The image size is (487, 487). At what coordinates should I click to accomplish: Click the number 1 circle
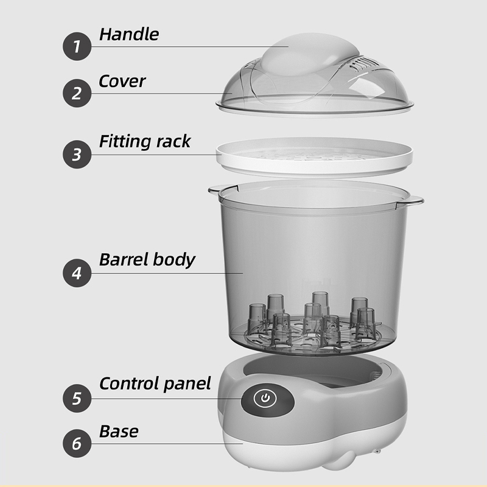(77, 46)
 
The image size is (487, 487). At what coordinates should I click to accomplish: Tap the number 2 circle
(77, 93)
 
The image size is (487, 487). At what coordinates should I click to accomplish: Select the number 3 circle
(77, 155)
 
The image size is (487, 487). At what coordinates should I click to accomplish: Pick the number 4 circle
(77, 273)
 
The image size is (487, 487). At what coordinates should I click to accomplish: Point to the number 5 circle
(77, 398)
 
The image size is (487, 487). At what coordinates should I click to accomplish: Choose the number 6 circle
(77, 443)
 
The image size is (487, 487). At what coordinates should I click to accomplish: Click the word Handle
(129, 34)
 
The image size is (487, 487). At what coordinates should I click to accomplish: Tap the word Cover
(122, 82)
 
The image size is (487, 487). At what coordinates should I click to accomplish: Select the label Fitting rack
(145, 141)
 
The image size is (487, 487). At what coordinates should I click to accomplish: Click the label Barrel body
(147, 260)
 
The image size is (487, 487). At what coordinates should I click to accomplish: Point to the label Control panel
(155, 384)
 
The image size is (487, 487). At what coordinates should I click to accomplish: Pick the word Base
(119, 432)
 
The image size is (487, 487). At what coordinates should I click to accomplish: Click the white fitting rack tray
(314, 157)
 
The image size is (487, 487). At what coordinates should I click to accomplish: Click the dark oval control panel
(268, 399)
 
